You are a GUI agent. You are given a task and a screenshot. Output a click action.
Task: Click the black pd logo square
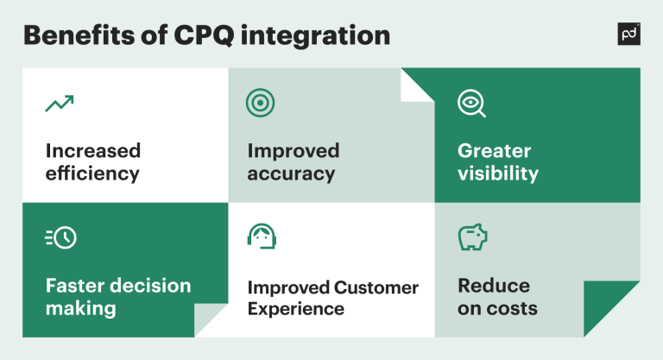tap(629, 34)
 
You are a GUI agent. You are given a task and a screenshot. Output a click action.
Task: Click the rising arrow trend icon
tap(59, 104)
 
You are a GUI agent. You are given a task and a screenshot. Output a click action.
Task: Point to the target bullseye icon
tap(260, 103)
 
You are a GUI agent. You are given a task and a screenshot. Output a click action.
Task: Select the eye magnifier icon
tap(471, 104)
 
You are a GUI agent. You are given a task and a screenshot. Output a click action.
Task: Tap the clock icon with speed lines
tap(60, 238)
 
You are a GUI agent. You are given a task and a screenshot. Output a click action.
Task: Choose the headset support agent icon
tap(262, 236)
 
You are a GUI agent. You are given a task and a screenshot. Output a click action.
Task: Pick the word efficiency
tap(92, 174)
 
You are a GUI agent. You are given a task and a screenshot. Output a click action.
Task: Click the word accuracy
tap(291, 174)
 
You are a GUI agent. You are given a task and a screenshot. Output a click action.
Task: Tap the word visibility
tap(498, 174)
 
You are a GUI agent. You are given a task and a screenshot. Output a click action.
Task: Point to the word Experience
tap(295, 309)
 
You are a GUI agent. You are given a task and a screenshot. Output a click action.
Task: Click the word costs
tap(512, 308)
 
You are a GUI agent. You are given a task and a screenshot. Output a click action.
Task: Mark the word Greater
tap(495, 151)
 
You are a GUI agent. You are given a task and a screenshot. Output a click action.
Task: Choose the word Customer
tap(376, 287)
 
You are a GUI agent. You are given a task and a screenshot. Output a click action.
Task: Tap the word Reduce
tap(494, 286)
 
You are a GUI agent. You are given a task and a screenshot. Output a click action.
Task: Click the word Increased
tap(93, 151)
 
